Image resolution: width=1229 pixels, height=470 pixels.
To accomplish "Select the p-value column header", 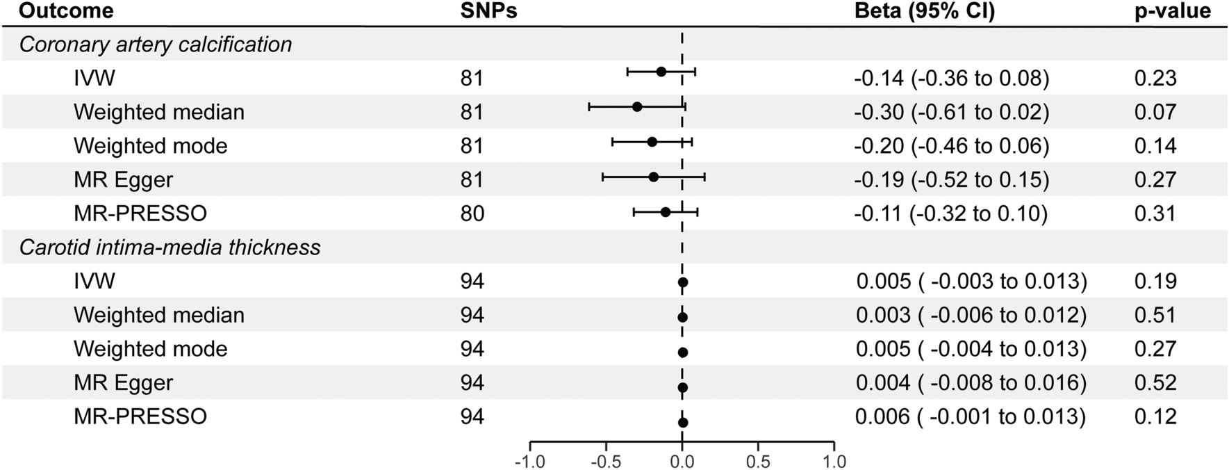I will point(1173,11).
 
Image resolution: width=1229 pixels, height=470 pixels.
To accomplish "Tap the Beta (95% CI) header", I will point(924,11).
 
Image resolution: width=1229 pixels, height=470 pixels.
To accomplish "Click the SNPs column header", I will point(488,11).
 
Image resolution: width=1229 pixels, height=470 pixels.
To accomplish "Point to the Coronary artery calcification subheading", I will point(156,44).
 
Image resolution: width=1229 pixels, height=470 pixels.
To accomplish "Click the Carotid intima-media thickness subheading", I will point(170,248).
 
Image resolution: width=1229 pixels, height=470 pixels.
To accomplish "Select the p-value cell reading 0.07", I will point(1155,112).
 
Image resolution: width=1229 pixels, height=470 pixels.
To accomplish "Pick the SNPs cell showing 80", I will point(472,213).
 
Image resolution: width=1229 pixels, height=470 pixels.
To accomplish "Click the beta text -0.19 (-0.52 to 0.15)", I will point(951,180).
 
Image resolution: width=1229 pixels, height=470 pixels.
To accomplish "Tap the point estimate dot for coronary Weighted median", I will point(637,107).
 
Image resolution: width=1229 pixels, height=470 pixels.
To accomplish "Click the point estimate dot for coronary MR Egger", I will point(653,177).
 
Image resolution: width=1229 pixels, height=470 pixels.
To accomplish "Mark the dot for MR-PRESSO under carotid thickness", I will point(683,422).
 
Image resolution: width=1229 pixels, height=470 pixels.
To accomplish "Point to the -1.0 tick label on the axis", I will point(529,462).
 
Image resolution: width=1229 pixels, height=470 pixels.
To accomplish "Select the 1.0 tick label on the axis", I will point(834,462).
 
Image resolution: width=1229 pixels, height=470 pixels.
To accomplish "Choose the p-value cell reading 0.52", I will point(1155,383).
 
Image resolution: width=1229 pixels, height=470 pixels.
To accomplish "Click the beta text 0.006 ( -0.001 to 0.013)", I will point(971,416).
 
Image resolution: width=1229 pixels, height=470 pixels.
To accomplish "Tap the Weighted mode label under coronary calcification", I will point(150,146).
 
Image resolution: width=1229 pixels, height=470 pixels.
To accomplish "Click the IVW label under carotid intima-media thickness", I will point(94,282).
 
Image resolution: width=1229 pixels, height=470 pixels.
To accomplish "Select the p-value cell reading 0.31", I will point(1155,213).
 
